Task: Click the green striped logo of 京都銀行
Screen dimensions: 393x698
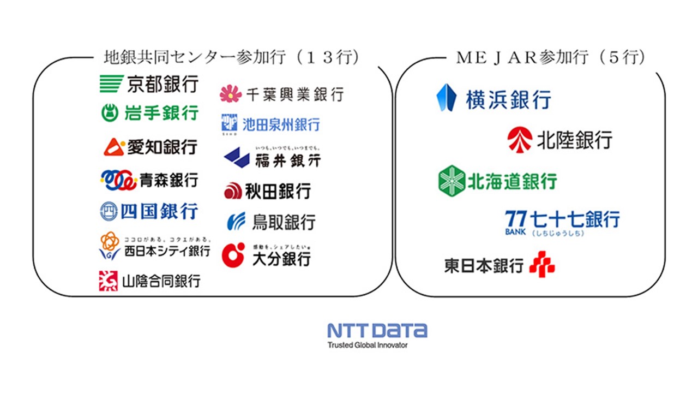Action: pos(111,84)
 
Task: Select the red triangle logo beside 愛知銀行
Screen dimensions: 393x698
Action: pos(114,147)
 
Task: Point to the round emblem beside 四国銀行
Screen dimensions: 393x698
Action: pos(109,211)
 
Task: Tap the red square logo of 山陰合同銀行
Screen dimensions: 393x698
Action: pos(108,281)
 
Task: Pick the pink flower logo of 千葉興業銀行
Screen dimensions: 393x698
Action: pos(231,94)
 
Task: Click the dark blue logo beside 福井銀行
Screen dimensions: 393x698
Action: pos(237,157)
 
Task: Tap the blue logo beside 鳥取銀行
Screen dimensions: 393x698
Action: pos(236,222)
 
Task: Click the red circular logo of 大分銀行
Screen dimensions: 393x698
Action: pos(233,254)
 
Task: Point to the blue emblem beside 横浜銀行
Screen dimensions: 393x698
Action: pos(446,98)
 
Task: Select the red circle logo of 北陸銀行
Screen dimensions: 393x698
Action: pos(519,140)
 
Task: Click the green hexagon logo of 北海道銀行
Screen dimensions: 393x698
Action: pos(452,181)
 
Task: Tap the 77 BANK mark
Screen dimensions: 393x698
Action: pos(515,222)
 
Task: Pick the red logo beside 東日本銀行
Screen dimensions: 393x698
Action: pos(541,264)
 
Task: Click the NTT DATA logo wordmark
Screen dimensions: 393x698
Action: pos(377,330)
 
